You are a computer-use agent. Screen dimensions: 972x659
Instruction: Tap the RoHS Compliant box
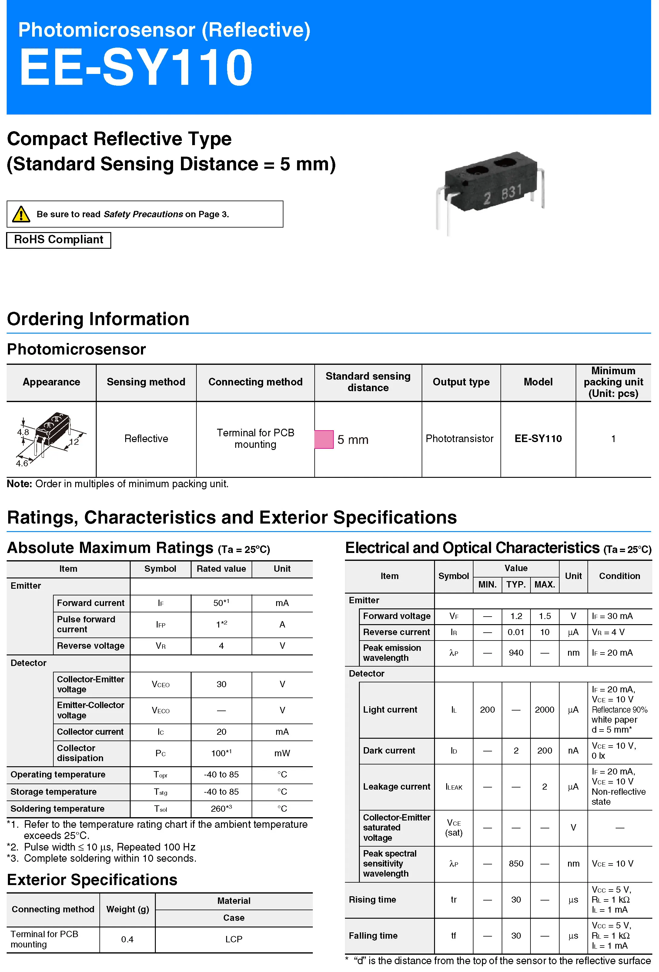pyautogui.click(x=59, y=240)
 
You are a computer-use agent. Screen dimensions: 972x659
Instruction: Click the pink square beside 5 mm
pyautogui.click(x=324, y=439)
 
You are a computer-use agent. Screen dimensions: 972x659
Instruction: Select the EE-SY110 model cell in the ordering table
pyautogui.click(x=538, y=438)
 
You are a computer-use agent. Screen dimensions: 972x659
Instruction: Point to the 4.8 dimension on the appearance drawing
pyautogui.click(x=23, y=432)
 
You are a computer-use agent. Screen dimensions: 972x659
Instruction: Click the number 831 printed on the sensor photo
pyautogui.click(x=511, y=192)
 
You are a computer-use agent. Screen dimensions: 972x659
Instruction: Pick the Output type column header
pyautogui.click(x=461, y=382)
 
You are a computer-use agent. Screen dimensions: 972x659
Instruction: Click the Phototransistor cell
pyautogui.click(x=460, y=438)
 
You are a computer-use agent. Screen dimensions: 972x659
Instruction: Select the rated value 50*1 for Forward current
pyautogui.click(x=221, y=603)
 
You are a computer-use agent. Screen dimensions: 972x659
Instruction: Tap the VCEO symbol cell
pyautogui.click(x=160, y=684)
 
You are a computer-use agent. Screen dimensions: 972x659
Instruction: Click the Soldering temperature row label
pyautogui.click(x=57, y=808)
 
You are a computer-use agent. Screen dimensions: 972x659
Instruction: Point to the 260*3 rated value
pyautogui.click(x=221, y=808)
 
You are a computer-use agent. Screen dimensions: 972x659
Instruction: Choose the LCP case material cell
pyautogui.click(x=233, y=939)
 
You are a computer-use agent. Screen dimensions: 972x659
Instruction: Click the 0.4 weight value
pyautogui.click(x=127, y=939)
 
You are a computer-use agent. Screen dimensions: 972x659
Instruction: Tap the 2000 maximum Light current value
pyautogui.click(x=544, y=709)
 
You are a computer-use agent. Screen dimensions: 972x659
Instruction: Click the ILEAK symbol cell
pyautogui.click(x=453, y=787)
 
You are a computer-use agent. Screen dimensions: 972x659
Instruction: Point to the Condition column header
pyautogui.click(x=619, y=576)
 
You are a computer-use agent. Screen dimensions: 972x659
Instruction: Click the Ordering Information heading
pyautogui.click(x=98, y=319)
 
